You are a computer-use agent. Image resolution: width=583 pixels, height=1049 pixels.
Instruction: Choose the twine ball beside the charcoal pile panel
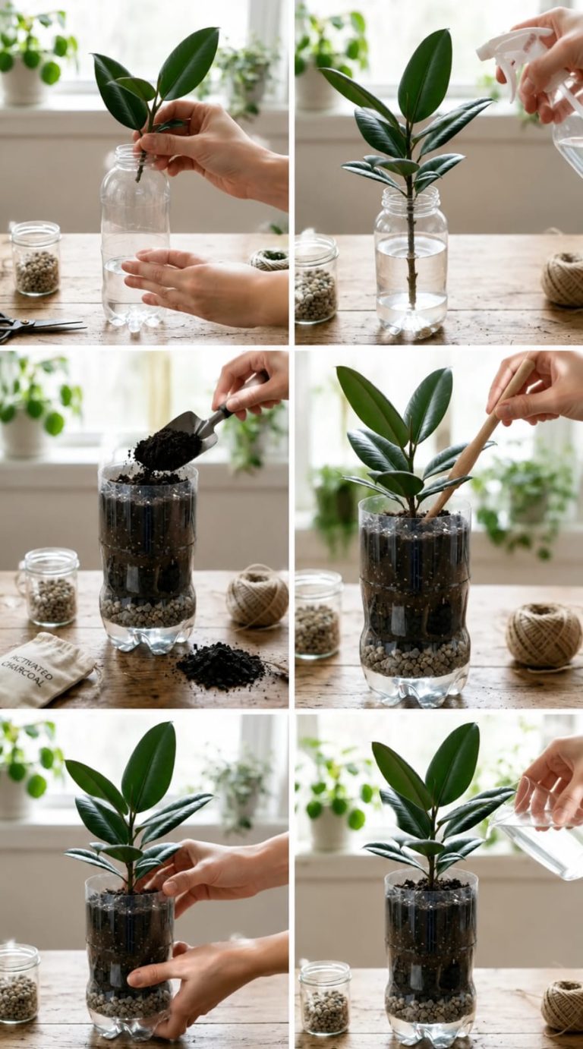(257, 596)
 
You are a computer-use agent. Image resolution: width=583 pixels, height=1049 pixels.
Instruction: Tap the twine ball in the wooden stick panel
(544, 634)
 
